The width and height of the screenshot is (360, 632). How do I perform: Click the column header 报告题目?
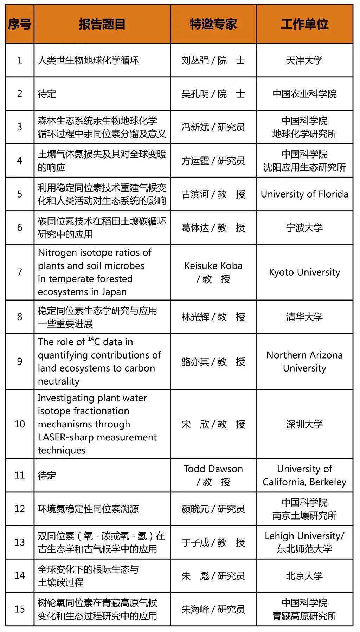(102, 24)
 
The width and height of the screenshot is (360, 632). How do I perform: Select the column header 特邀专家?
(213, 24)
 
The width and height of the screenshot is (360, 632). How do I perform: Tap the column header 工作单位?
(304, 24)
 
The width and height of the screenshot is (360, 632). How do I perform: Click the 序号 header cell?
(20, 24)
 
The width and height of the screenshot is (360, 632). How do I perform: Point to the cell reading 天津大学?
(304, 60)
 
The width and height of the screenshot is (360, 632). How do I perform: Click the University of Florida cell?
(304, 194)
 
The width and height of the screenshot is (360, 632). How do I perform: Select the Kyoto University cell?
(304, 272)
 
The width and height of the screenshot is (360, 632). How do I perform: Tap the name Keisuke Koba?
(213, 266)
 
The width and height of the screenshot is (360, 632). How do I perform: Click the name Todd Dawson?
(213, 469)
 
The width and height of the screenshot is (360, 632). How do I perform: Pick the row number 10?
(20, 424)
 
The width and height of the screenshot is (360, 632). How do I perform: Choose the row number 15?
(20, 609)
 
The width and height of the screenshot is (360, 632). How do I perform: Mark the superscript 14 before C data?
(91, 339)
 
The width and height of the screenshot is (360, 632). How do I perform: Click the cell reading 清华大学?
(304, 317)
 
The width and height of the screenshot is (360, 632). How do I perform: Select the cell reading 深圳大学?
(304, 424)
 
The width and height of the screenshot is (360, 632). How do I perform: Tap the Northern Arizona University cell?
(304, 362)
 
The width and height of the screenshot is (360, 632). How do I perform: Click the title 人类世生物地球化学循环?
(88, 60)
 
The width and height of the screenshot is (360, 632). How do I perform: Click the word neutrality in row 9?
(59, 381)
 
